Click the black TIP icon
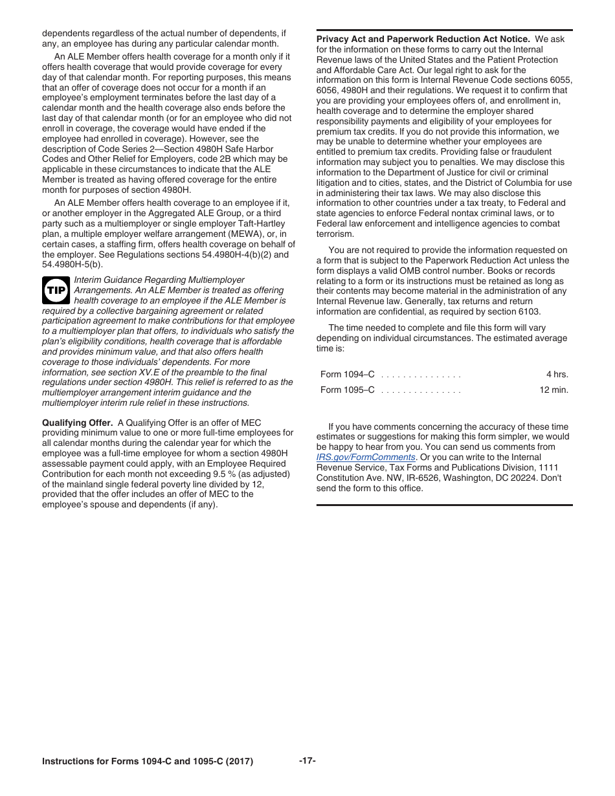click(x=56, y=291)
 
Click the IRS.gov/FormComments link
click(x=366, y=457)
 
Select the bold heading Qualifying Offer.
click(x=77, y=423)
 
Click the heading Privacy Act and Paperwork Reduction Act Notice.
click(x=423, y=39)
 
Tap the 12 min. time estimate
click(x=553, y=390)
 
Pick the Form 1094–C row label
click(x=348, y=375)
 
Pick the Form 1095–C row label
click(x=348, y=390)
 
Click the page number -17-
click(x=307, y=760)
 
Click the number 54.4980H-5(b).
click(x=73, y=265)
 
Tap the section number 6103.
click(x=529, y=311)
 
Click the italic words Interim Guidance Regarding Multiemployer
click(x=160, y=280)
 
